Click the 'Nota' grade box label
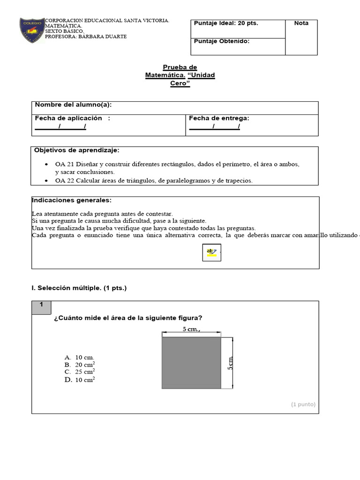tap(301, 23)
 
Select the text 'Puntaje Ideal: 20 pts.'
tap(226, 23)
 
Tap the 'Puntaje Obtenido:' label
tap(221, 41)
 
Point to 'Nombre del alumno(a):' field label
tap(73, 105)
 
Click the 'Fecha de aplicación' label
tap(68, 119)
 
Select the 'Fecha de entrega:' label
tap(219, 119)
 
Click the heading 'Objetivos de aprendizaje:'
tap(76, 150)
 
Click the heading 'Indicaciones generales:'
tap(71, 200)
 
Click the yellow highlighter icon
tap(212, 253)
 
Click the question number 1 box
tap(42, 305)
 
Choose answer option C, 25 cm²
tap(80, 372)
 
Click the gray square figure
tap(191, 362)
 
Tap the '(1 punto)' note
tap(303, 404)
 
